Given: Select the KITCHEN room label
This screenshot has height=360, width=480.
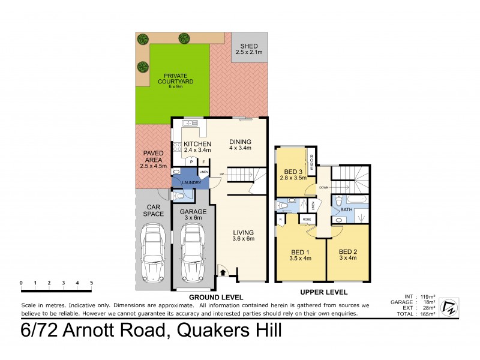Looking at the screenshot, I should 197,144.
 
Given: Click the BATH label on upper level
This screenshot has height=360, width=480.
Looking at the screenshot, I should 346,211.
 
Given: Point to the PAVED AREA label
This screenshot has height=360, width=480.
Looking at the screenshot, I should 151,157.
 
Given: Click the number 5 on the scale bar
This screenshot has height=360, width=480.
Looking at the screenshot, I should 92,283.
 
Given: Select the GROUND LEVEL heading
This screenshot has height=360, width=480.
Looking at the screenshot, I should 216,298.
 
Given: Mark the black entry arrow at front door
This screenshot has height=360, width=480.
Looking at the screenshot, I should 224,273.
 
